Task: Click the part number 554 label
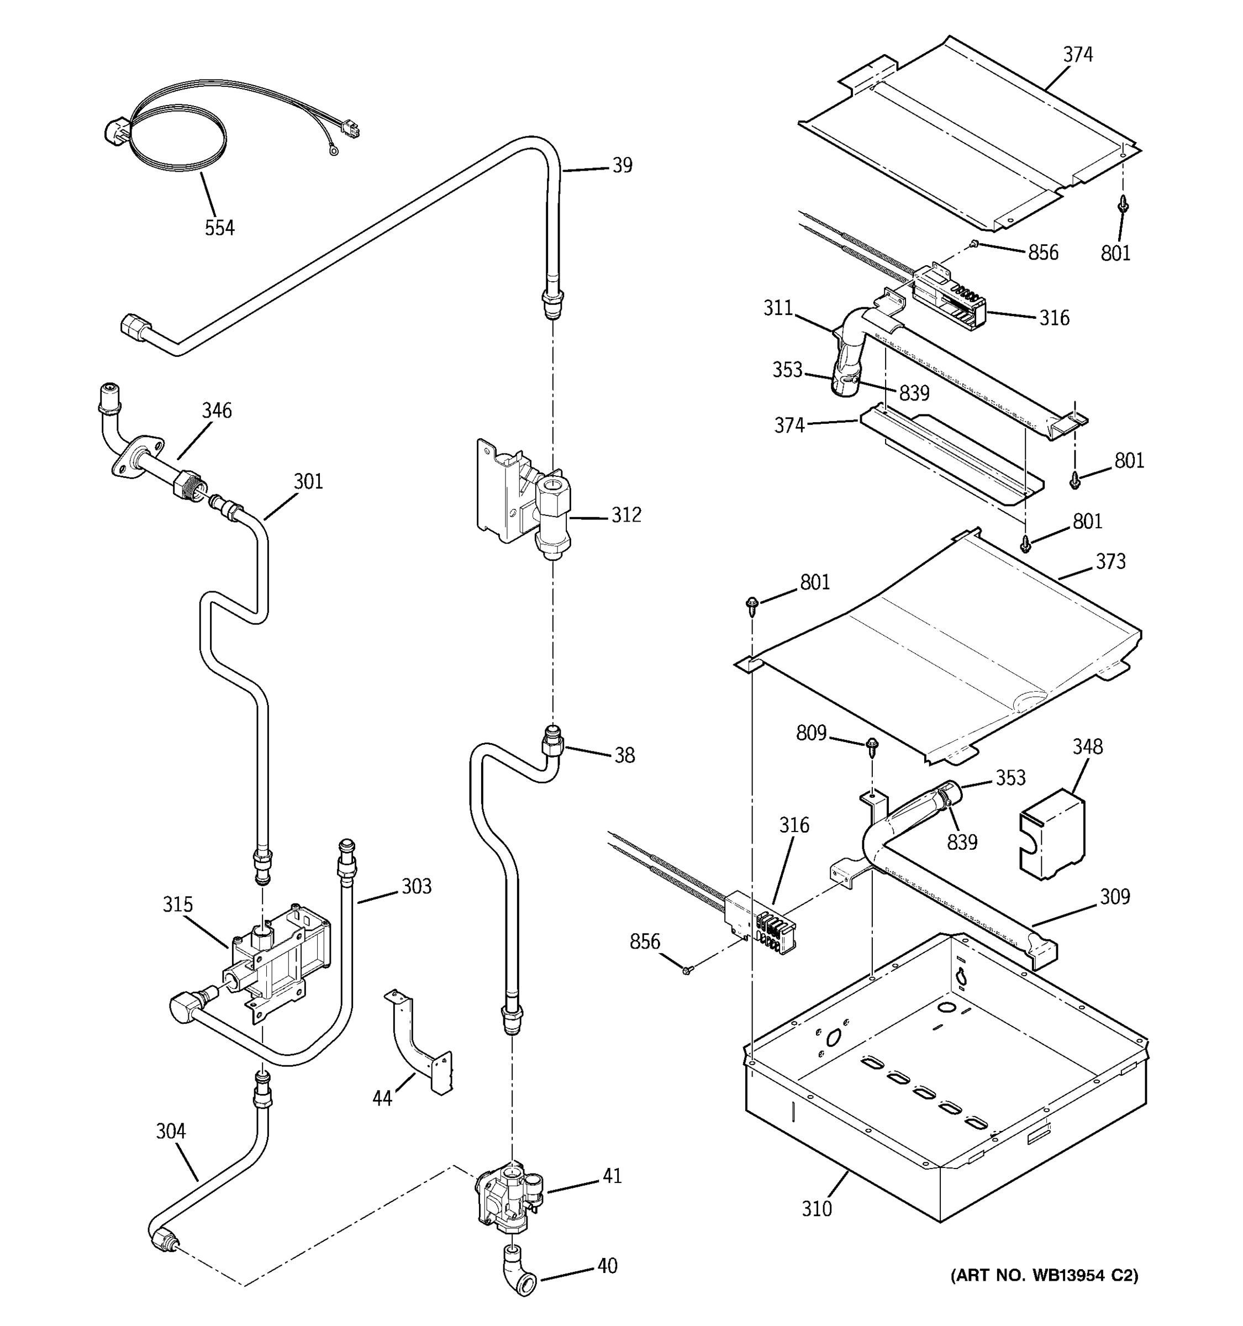click(x=219, y=228)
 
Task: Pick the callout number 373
click(x=1110, y=561)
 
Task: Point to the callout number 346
click(x=217, y=410)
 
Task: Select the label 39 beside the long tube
click(x=621, y=165)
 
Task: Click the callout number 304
click(x=171, y=1131)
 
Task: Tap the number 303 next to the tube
click(x=416, y=886)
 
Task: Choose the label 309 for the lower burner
click(x=1115, y=897)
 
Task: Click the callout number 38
click(x=624, y=755)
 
